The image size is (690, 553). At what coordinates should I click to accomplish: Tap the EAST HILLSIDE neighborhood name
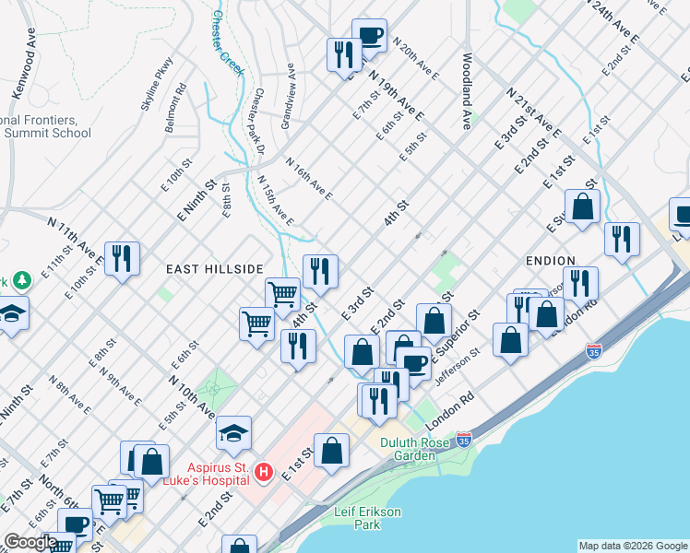215,268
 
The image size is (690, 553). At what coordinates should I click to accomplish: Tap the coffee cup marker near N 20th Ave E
369,35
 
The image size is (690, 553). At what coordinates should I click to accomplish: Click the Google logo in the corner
30,542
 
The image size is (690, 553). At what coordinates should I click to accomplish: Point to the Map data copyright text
632,546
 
